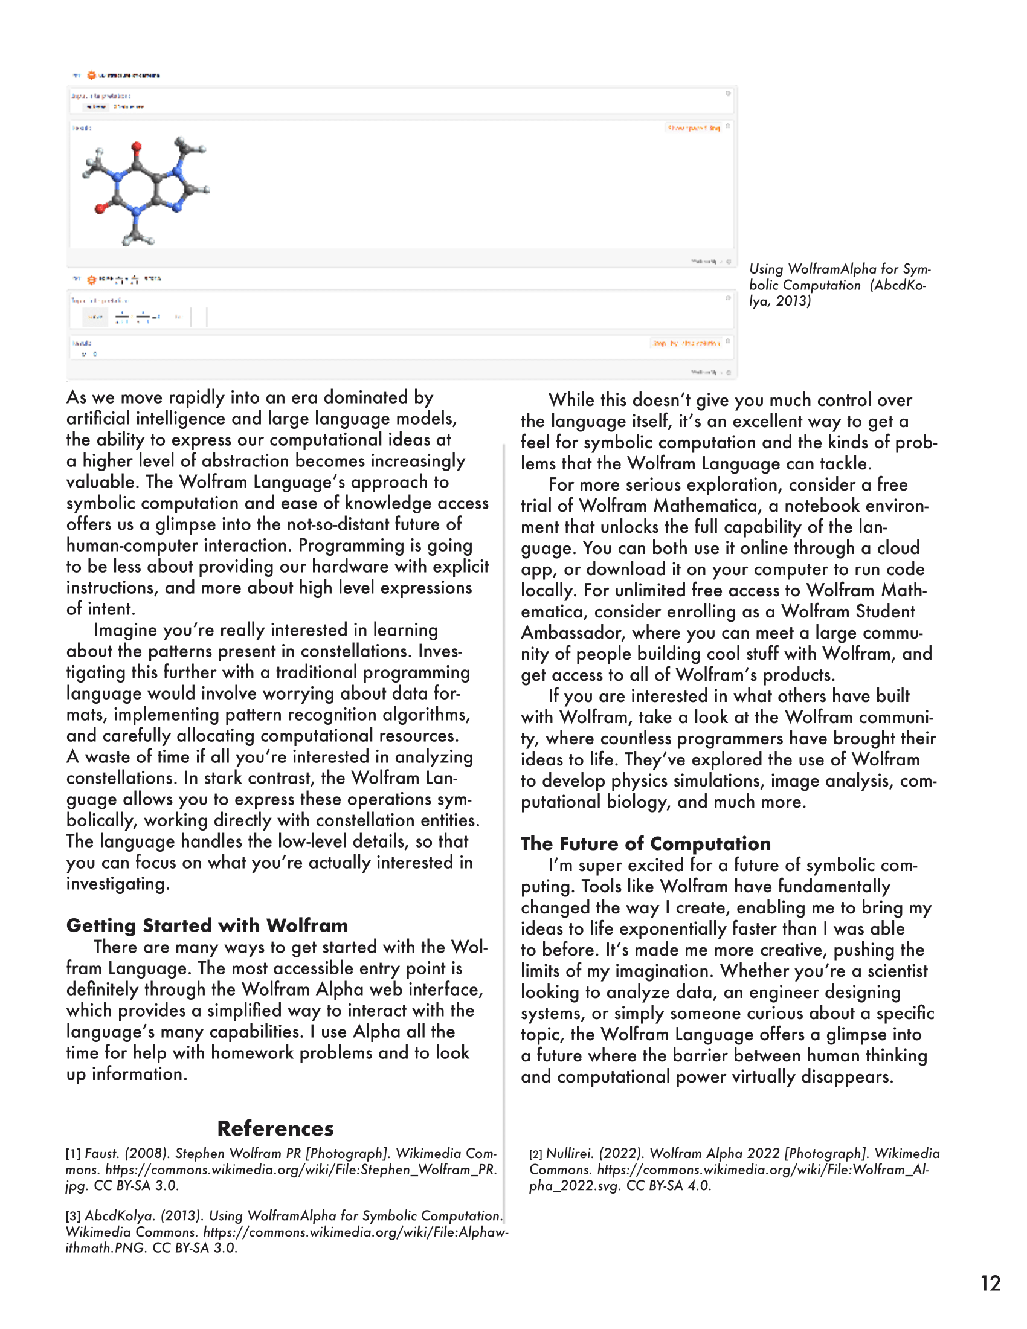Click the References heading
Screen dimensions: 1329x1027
coord(275,1128)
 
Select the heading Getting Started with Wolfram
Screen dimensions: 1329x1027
coord(207,925)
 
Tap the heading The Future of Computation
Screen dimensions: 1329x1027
coord(646,843)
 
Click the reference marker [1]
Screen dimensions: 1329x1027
coord(73,1154)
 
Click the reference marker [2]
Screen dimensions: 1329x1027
coord(535,1154)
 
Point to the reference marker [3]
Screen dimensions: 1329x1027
coord(73,1217)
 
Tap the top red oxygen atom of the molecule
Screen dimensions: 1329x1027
coord(137,146)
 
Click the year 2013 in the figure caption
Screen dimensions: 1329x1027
coord(793,301)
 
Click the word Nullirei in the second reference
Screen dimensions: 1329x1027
coord(569,1154)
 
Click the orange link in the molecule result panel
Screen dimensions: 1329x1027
coord(693,128)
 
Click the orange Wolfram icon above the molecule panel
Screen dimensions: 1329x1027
coord(91,76)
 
